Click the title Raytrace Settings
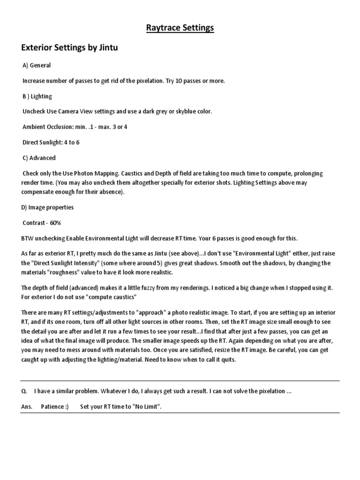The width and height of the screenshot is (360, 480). [180, 28]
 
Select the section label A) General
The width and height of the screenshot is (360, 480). [37, 66]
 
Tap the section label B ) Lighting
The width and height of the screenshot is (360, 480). [37, 97]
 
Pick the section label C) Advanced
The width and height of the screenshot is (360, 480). [39, 158]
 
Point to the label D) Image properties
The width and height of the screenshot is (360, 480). [47, 207]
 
